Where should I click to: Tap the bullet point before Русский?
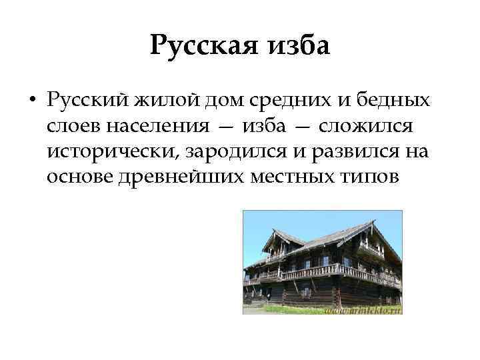click(32, 101)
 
